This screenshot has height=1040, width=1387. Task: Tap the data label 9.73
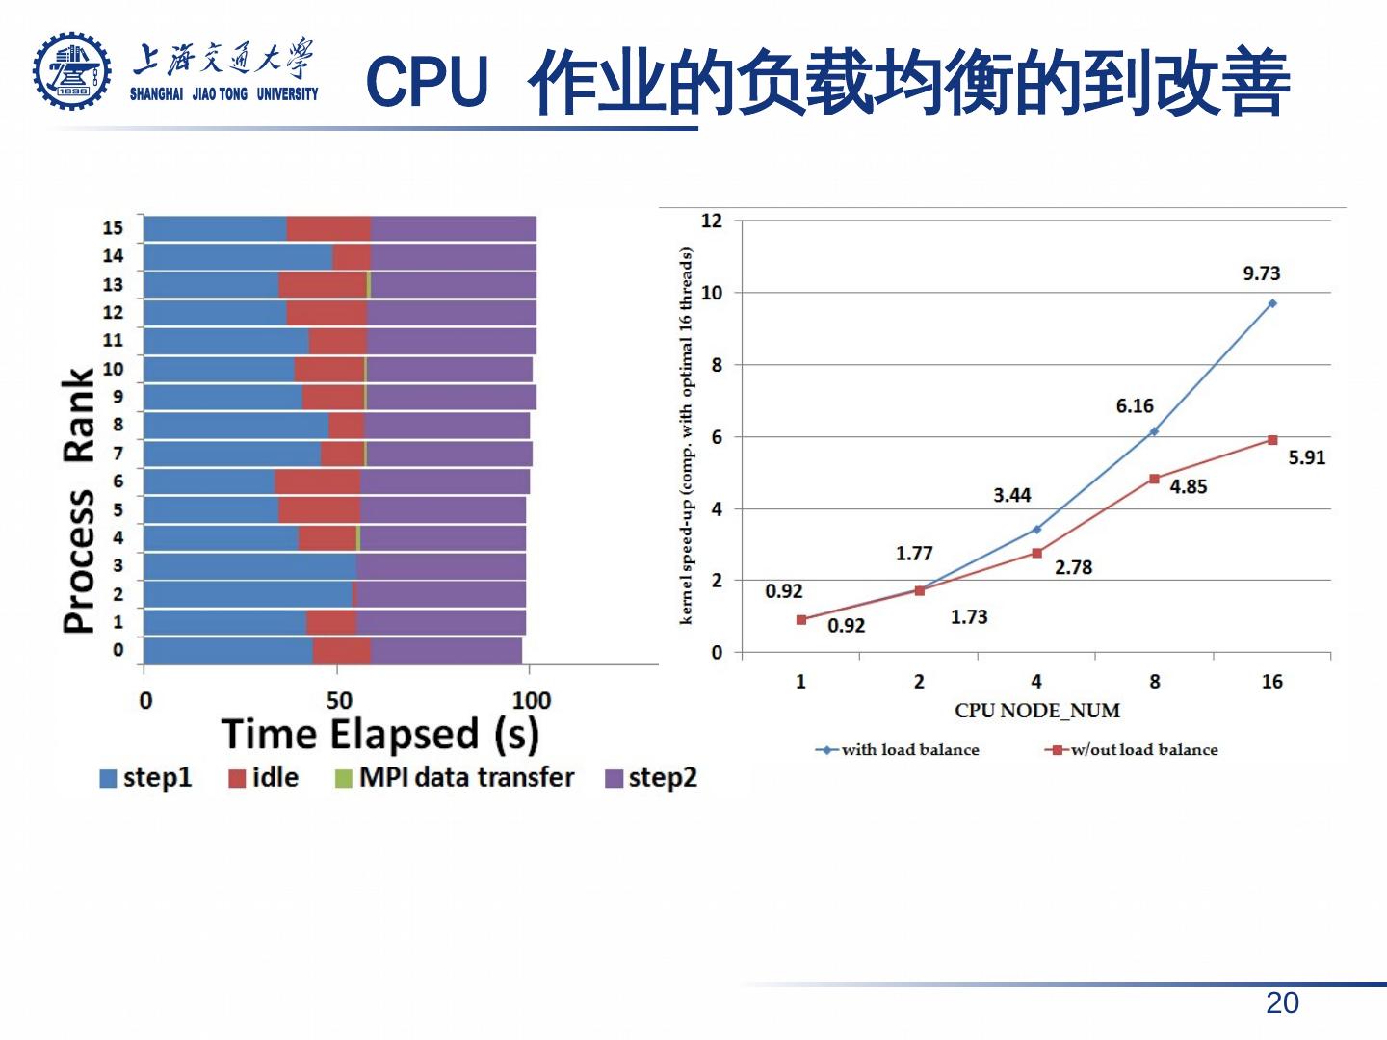point(1261,273)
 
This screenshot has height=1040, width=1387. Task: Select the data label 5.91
point(1306,457)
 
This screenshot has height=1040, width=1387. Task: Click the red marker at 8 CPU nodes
point(1154,479)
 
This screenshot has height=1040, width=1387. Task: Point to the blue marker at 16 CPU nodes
point(1271,303)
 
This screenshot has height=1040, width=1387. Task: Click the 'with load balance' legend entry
point(898,750)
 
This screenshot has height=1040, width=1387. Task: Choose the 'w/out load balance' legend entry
point(1132,750)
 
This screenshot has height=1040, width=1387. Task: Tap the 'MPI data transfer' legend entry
point(455,777)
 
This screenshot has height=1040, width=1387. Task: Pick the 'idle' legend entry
point(263,777)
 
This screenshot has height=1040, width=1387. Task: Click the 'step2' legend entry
point(651,777)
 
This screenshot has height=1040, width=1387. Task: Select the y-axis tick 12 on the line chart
point(711,221)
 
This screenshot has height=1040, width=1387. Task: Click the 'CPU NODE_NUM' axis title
point(1036,711)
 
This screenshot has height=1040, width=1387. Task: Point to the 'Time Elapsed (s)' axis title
point(379,735)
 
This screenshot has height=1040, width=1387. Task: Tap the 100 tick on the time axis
point(531,700)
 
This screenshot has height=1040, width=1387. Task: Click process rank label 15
point(113,228)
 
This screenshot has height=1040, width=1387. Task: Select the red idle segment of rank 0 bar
point(341,651)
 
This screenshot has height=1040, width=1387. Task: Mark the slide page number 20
point(1282,1003)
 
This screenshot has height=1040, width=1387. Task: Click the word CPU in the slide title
point(427,82)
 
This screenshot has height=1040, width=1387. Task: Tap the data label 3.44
point(1011,495)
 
